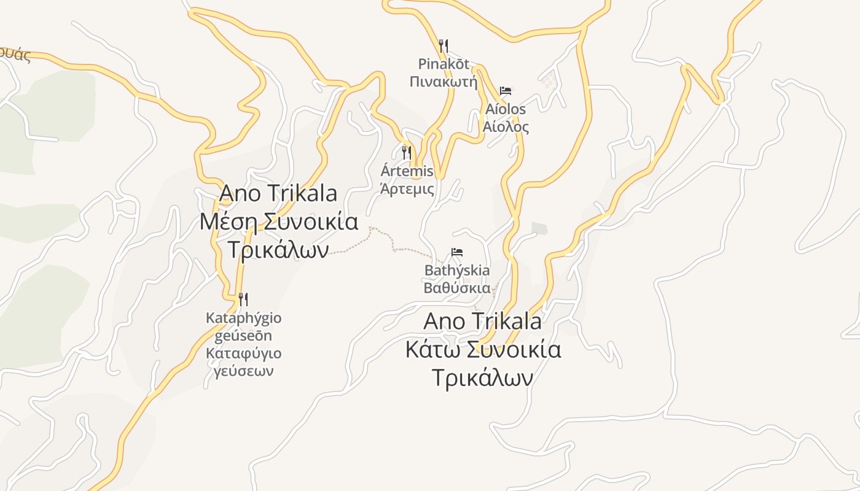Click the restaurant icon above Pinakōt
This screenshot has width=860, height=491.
pos(444,45)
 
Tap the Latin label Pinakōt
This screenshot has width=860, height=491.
pos(444,64)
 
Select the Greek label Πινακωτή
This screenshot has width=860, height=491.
pos(444,82)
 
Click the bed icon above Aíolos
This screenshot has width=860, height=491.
pos(506,91)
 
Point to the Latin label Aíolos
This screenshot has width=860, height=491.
pos(506,109)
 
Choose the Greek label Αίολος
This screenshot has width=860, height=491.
pos(506,127)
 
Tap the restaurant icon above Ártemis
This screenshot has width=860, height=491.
pos(407,152)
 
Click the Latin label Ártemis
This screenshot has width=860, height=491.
pos(407,171)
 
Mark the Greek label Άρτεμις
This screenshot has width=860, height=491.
pos(407,189)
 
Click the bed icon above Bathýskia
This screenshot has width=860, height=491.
pos(457,252)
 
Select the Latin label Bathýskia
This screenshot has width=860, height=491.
pos(457,271)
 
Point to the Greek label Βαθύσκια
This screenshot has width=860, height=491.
pos(457,288)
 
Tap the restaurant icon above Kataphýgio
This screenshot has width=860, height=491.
pos(243,300)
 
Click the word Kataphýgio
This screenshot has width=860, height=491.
pos(243,319)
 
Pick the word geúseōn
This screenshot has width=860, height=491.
pos(243,336)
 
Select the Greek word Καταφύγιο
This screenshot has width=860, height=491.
pos(243,354)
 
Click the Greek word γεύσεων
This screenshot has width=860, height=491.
pos(243,371)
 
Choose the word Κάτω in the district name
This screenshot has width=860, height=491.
pos(433,350)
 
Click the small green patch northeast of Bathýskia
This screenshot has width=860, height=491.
pos(539,228)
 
